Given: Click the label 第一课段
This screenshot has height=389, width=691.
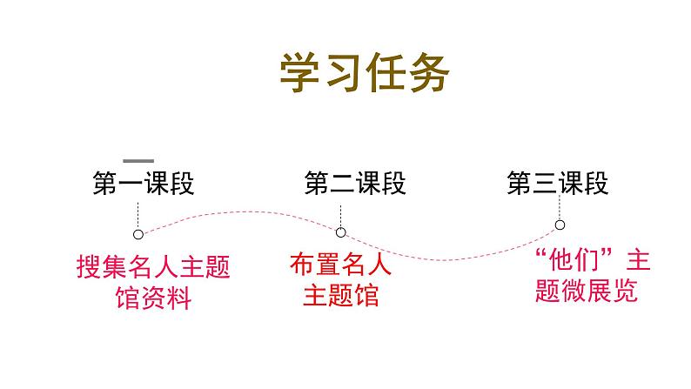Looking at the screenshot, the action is (143, 184).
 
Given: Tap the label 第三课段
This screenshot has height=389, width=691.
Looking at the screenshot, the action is (558, 184).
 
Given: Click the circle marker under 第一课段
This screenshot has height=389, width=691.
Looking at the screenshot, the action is (138, 233).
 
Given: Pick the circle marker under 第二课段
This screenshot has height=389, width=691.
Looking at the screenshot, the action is (341, 231).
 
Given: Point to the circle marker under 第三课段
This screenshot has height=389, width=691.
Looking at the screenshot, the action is (559, 225).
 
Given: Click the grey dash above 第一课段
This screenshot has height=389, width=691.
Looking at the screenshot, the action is (138, 161).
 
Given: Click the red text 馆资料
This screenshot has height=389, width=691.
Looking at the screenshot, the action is (153, 298).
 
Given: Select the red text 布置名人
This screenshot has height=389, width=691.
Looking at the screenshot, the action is (341, 265).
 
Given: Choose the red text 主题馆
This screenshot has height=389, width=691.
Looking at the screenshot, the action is (341, 294).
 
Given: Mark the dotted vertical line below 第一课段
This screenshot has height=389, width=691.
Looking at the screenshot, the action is (138, 213).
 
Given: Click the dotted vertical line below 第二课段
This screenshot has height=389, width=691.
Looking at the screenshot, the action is (341, 211).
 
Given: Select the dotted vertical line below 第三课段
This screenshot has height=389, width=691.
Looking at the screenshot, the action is (559, 207).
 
